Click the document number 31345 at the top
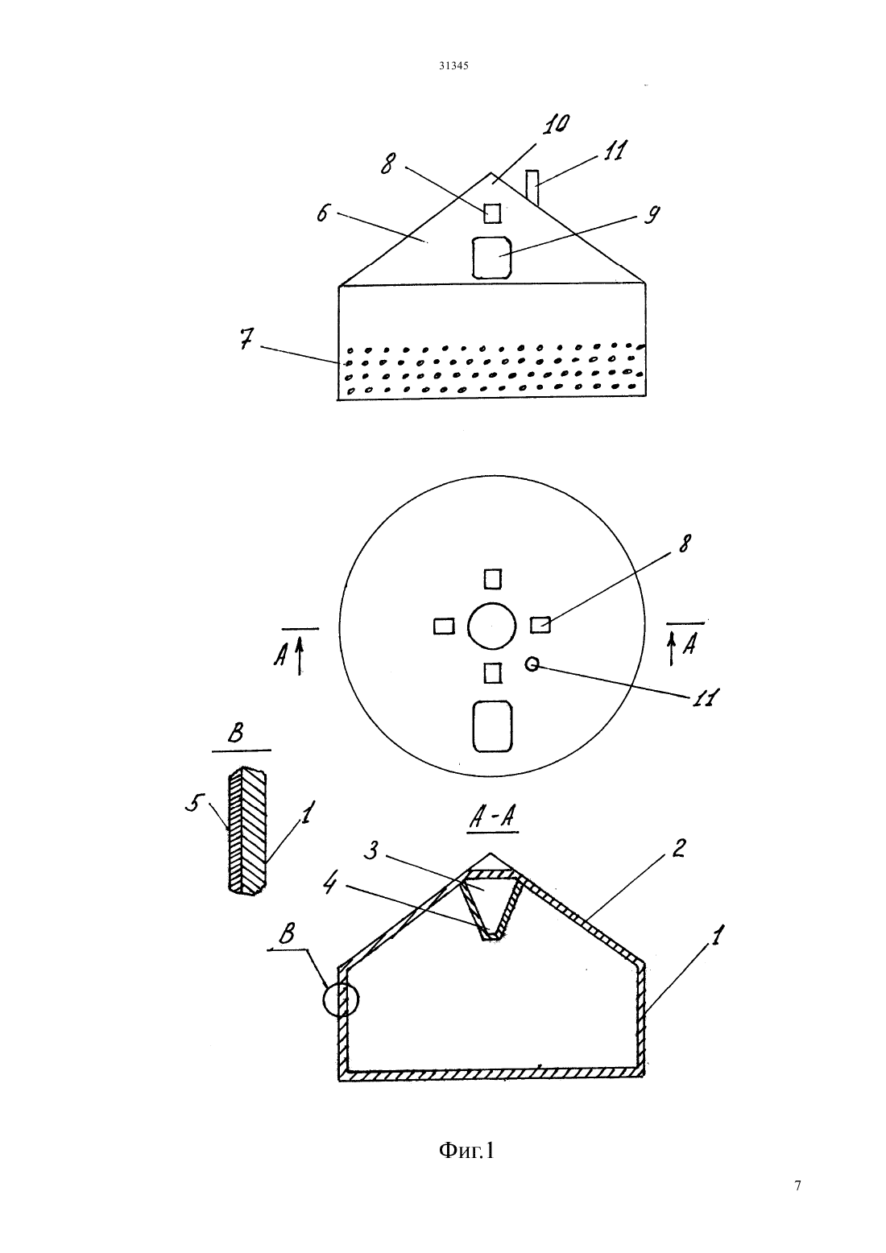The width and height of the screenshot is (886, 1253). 453,65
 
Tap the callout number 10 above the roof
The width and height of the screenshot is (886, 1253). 556,124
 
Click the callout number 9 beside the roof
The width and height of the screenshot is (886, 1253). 652,215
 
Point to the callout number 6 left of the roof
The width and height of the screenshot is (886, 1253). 323,213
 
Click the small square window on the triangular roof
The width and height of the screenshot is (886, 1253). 492,213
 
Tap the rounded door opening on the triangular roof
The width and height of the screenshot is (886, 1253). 491,258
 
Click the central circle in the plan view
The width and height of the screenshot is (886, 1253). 491,626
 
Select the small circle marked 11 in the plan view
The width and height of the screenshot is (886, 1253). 532,664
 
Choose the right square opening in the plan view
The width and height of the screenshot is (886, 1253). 540,625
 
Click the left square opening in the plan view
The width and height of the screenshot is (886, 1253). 444,626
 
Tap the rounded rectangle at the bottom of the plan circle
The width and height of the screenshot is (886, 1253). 493,726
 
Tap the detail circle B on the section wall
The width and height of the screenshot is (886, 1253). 341,999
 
